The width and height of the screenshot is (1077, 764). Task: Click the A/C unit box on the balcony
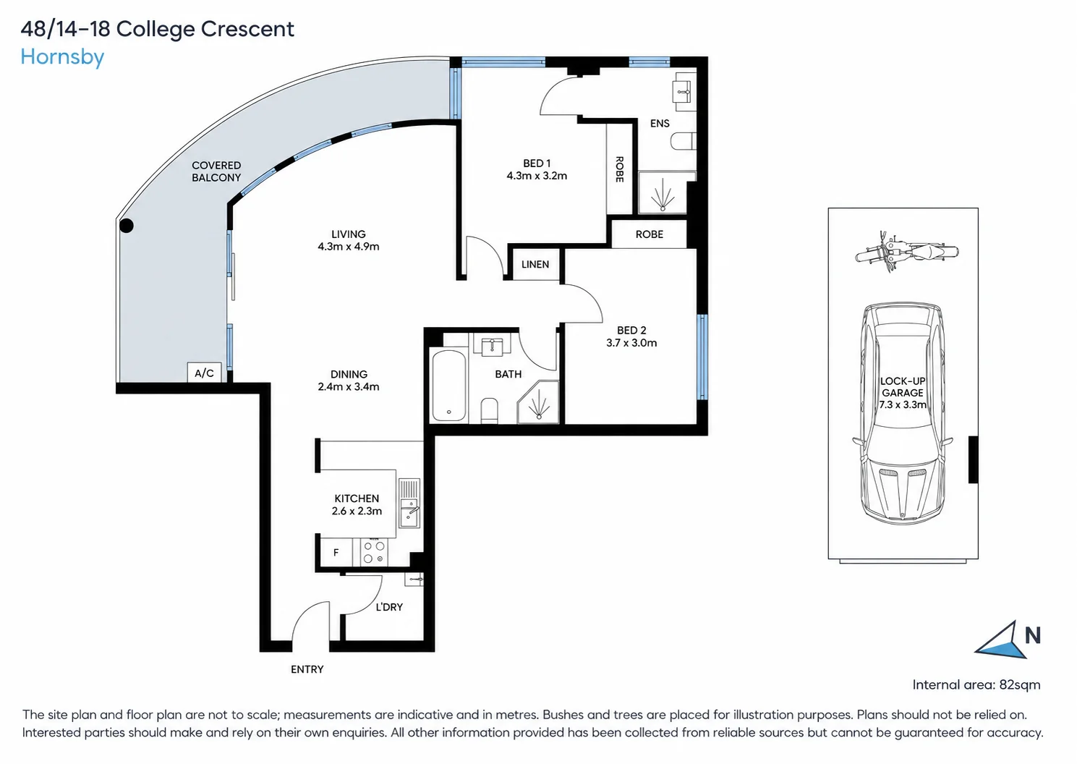click(205, 373)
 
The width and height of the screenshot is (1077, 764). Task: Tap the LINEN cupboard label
click(535, 265)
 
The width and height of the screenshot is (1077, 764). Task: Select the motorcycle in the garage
click(907, 252)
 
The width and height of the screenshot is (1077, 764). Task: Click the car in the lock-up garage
click(903, 414)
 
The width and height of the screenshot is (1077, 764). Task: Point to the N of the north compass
click(1033, 635)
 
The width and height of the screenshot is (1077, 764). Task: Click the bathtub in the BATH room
click(449, 386)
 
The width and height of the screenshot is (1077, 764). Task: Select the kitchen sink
click(409, 503)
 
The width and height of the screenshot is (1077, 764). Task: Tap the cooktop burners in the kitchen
click(374, 552)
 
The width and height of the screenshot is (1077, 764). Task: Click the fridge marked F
click(336, 553)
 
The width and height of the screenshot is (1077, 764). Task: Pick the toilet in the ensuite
click(683, 141)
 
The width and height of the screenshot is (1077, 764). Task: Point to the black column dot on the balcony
click(127, 226)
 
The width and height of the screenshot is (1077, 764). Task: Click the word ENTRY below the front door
click(307, 669)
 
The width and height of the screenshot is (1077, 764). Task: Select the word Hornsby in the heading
click(62, 58)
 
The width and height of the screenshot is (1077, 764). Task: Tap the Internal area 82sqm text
click(976, 684)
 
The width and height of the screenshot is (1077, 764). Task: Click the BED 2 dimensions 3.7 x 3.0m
click(631, 343)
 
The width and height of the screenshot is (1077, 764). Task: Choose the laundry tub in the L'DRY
click(414, 580)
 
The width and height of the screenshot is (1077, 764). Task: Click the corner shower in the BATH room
click(538, 402)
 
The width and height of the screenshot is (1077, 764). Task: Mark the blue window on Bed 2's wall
click(702, 357)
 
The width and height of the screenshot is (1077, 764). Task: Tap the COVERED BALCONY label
click(216, 171)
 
